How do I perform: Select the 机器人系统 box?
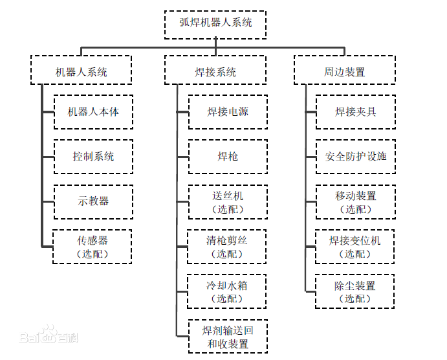[82, 71]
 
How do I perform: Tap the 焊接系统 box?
[215, 71]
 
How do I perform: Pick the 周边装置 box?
[345, 71]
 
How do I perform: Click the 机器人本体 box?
[93, 112]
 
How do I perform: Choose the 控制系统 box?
[93, 157]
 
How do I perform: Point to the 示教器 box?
[93, 201]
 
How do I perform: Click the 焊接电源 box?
[228, 112]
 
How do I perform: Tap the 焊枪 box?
[228, 157]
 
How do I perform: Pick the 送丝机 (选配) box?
[228, 201]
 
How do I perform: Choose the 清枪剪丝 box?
[227, 247]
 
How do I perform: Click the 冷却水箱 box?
[227, 291]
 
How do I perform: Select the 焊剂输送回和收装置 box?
[227, 336]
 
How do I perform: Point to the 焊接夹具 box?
[355, 112]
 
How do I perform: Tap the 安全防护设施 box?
[355, 157]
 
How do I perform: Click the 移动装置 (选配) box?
[355, 201]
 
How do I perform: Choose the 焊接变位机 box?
[355, 247]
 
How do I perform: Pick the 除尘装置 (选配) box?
[355, 291]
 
